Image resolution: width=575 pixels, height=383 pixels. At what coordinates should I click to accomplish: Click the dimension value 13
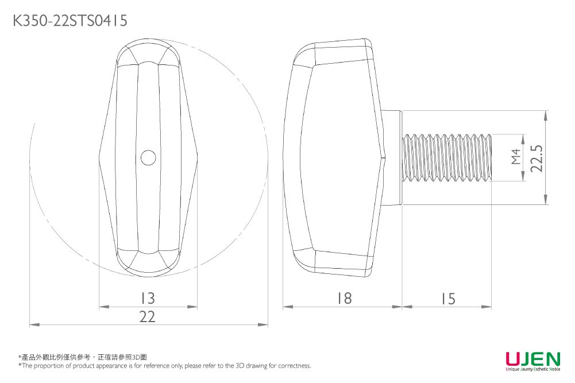pos(148,299)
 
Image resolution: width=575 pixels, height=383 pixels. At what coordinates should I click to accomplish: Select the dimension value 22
pos(148,317)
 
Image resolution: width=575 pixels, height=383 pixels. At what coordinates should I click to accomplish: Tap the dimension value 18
pos(344,299)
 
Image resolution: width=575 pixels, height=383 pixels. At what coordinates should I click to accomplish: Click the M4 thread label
pos(516,156)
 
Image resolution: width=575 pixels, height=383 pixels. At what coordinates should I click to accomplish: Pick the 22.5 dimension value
pos(537,157)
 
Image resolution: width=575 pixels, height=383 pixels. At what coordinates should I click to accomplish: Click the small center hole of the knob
pos(148,157)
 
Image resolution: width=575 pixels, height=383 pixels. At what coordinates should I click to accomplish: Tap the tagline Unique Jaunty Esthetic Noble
pos(532,369)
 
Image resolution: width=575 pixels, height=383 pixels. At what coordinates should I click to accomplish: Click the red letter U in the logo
pos(514,359)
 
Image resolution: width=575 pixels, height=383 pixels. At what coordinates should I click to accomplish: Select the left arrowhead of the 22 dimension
pos(33,326)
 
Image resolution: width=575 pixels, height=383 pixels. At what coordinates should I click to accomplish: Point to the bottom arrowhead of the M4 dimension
pos(523,177)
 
